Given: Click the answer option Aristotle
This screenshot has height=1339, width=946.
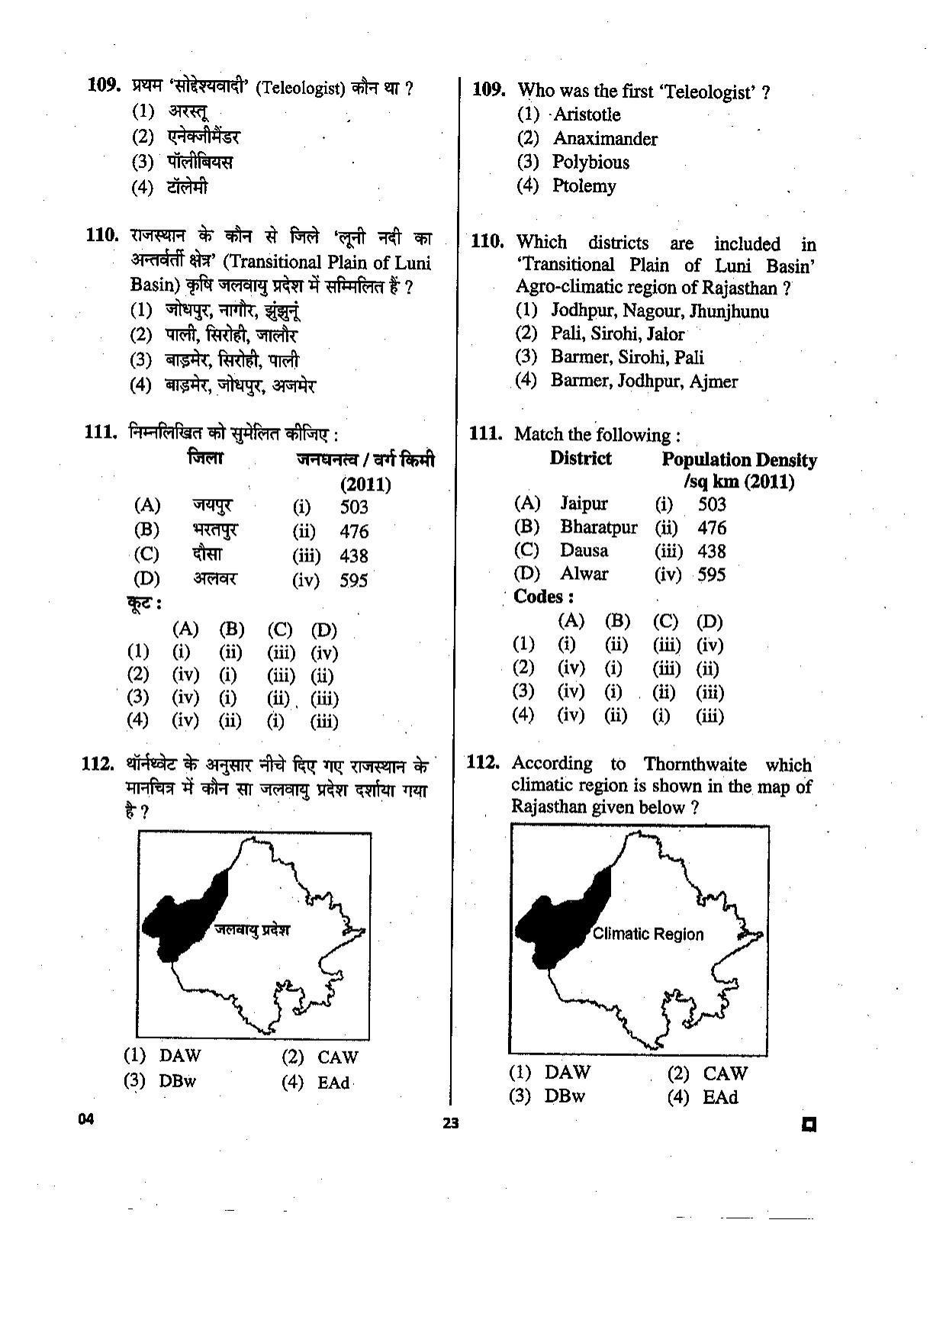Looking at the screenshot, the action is coord(586,115).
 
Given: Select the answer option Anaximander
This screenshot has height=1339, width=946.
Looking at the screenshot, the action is coord(604,139).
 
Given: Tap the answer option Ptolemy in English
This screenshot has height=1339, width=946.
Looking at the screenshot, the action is coord(584,186).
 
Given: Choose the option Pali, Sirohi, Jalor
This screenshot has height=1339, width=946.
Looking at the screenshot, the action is coord(617,334).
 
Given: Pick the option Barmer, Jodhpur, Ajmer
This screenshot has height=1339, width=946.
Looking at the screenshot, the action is coord(644,381).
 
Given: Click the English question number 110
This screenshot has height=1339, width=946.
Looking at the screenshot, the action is coord(487,243).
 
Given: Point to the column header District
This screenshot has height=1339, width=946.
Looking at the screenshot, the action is coord(580,459).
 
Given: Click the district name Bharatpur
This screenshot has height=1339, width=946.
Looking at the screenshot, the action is coord(598,527).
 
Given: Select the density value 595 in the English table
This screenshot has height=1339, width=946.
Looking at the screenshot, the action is coord(711,575).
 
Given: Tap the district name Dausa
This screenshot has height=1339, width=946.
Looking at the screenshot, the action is coord(584,551).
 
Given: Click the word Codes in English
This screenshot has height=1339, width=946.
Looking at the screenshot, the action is coord(542,597).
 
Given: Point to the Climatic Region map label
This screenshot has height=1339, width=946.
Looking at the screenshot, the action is coord(648,934).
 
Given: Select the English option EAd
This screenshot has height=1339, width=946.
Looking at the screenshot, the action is coord(719,1098).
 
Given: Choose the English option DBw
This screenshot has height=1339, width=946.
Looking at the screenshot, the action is coord(565,1096).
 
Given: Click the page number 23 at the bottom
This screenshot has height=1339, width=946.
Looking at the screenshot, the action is coord(451,1123).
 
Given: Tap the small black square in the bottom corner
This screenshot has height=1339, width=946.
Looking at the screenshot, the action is coord(809,1124).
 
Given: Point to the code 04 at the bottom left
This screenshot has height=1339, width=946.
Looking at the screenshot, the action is coord(85,1119).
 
